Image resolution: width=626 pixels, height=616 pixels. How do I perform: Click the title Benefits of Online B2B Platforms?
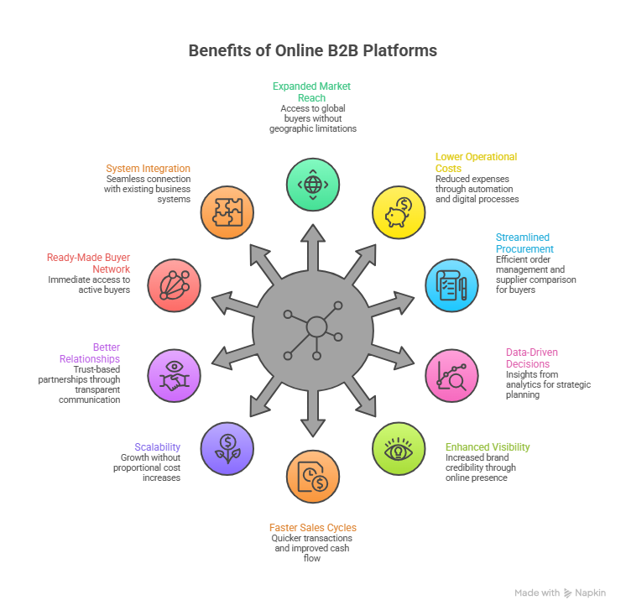click(312, 50)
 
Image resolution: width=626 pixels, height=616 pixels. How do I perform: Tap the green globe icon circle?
click(313, 183)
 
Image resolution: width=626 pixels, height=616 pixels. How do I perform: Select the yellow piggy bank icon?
click(399, 212)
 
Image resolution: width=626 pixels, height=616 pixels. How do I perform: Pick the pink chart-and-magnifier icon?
click(451, 375)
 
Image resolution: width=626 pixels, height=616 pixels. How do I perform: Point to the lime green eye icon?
click(399, 448)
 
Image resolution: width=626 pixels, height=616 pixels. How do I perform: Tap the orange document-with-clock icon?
click(313, 477)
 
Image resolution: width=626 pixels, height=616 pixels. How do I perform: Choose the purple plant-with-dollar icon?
click(227, 448)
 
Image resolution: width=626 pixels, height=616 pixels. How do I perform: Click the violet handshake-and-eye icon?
click(175, 375)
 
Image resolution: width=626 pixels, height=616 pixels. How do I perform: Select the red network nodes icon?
click(175, 285)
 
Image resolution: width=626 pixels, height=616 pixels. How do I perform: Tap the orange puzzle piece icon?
click(227, 212)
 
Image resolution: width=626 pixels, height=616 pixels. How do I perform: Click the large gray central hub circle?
click(313, 329)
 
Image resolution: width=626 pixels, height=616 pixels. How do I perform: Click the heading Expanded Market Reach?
click(311, 91)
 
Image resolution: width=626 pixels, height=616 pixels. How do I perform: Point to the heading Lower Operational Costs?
click(476, 162)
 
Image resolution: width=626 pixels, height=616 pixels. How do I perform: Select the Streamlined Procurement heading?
click(524, 243)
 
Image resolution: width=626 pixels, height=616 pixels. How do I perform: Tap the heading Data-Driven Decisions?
click(531, 358)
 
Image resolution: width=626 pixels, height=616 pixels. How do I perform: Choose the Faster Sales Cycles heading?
click(312, 528)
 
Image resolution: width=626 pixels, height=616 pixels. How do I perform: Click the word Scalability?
click(157, 447)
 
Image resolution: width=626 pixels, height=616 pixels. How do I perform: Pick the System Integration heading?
click(148, 169)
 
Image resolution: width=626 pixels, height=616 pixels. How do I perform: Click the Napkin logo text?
click(590, 593)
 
